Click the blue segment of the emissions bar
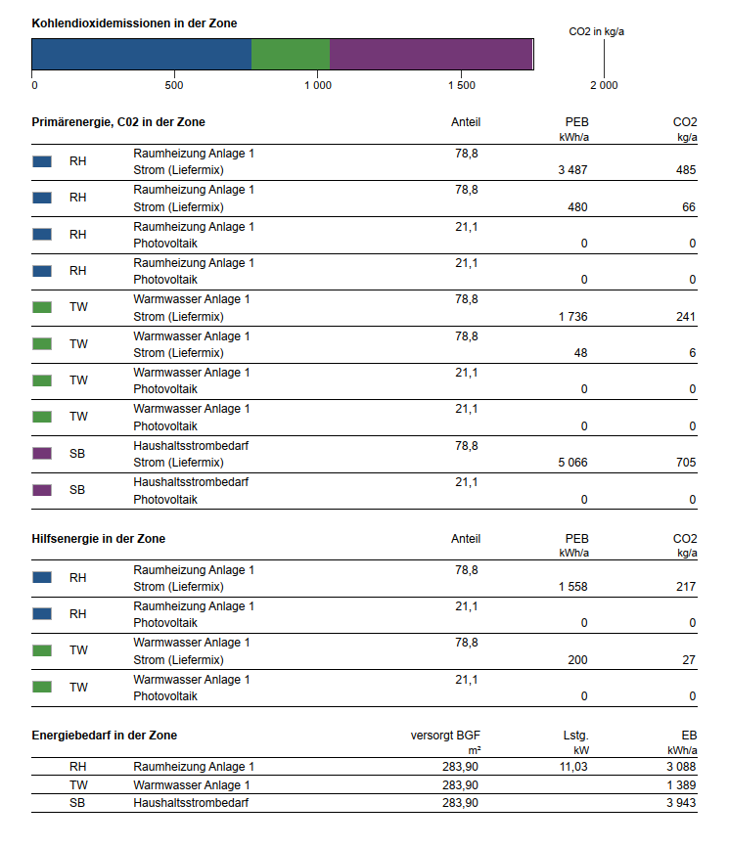[x=142, y=54]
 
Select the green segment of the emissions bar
[x=291, y=54]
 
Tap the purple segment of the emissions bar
[x=431, y=54]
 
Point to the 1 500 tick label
[x=462, y=85]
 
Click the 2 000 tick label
[x=604, y=85]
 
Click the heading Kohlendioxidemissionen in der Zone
[x=134, y=23]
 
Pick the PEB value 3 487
[x=572, y=170]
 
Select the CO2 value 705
[x=686, y=463]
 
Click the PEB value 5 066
[x=572, y=463]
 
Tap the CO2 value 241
[x=686, y=316]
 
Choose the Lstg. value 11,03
[x=573, y=767]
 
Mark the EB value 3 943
[x=681, y=803]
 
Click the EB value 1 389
[x=681, y=784]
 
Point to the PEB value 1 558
[x=572, y=586]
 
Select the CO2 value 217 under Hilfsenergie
[x=686, y=586]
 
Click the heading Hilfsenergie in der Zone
[x=99, y=539]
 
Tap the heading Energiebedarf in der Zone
[x=105, y=736]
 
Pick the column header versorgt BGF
[x=445, y=736]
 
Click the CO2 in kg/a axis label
[x=596, y=31]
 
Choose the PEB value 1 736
[x=572, y=316]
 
